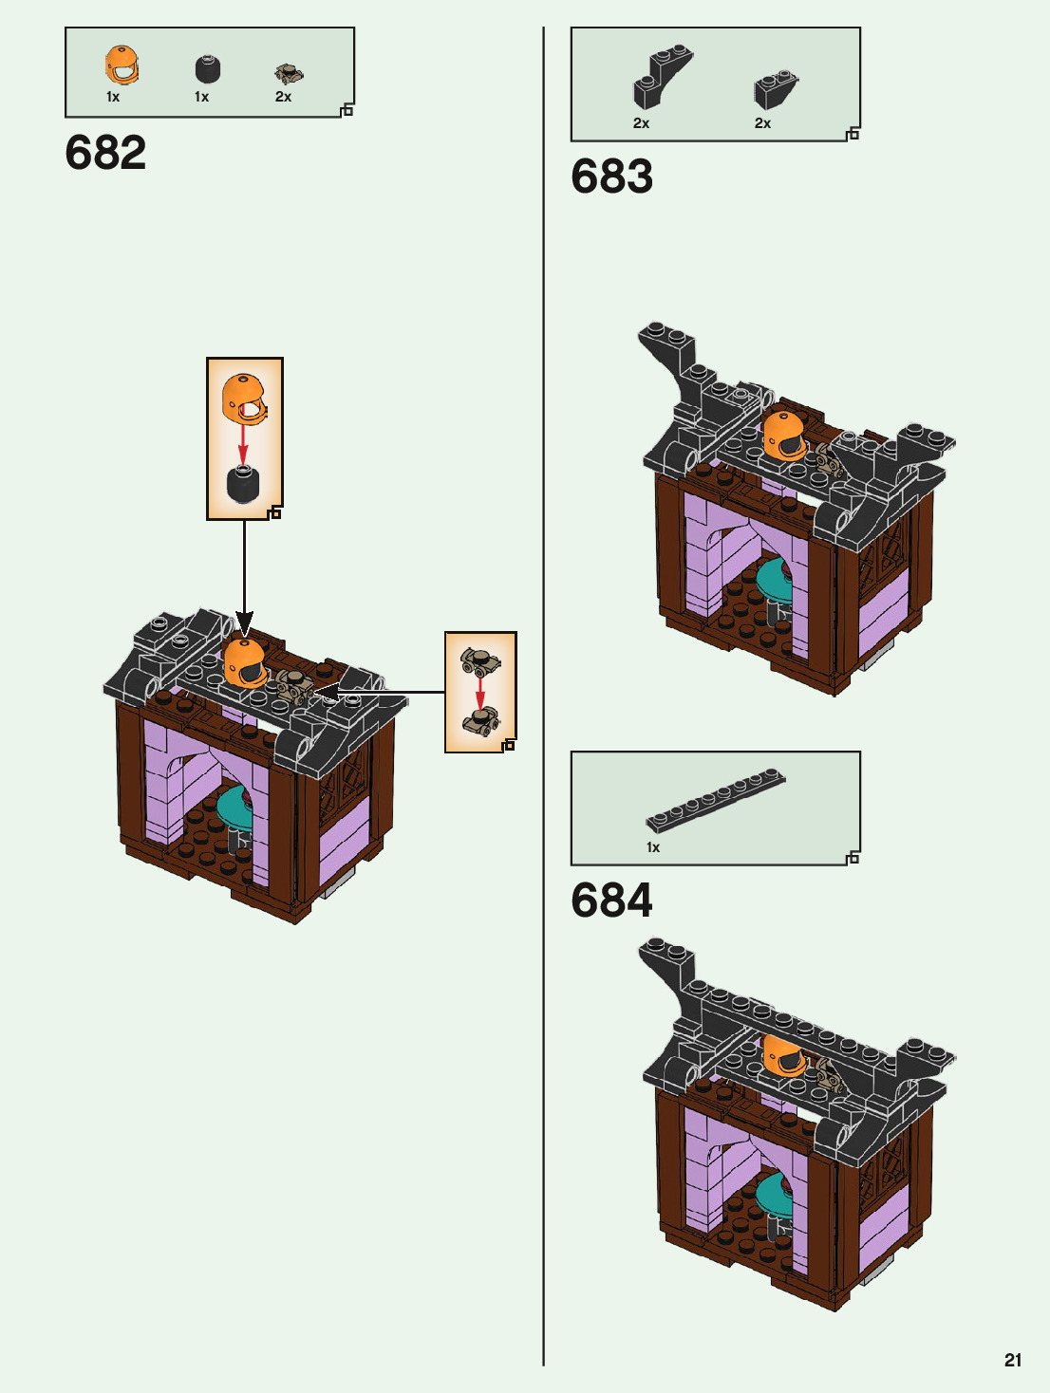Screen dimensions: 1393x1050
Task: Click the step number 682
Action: tap(105, 153)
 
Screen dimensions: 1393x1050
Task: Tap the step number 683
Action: tap(611, 176)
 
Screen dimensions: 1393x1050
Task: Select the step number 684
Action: tap(611, 901)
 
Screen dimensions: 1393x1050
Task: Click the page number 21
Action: tap(1013, 1360)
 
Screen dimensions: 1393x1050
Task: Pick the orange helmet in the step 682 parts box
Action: tap(122, 65)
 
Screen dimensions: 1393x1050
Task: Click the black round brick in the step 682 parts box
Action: tap(207, 69)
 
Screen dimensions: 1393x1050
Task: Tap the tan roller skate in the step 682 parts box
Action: tap(289, 74)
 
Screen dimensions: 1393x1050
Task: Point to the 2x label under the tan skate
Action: tap(283, 97)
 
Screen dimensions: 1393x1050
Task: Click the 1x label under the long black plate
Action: tap(653, 847)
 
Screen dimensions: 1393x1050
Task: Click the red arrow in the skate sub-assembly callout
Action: tap(480, 692)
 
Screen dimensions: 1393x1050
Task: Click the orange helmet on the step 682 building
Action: tap(245, 662)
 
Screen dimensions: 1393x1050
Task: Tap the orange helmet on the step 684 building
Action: tap(784, 1056)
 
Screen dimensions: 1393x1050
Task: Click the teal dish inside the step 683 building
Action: tap(775, 579)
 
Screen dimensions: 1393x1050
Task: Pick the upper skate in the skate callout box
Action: tap(479, 659)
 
